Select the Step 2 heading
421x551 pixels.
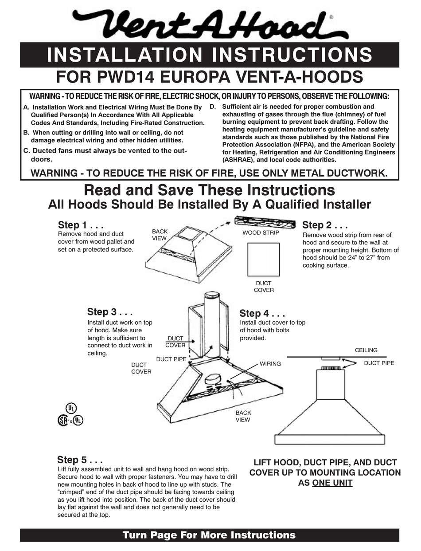[x=324, y=225]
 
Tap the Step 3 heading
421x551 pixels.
[x=110, y=312]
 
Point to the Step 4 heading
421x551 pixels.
[x=262, y=314]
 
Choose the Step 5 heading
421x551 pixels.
[x=80, y=460]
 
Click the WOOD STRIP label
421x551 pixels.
[x=261, y=232]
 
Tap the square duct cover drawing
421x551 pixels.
[x=263, y=259]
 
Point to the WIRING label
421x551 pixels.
[x=270, y=363]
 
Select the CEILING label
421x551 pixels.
[x=366, y=350]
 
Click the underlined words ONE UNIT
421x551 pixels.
[x=332, y=483]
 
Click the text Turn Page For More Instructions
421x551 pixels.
[x=209, y=535]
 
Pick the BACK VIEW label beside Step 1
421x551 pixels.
[x=160, y=235]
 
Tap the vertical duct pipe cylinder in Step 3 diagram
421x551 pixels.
[x=211, y=324]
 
